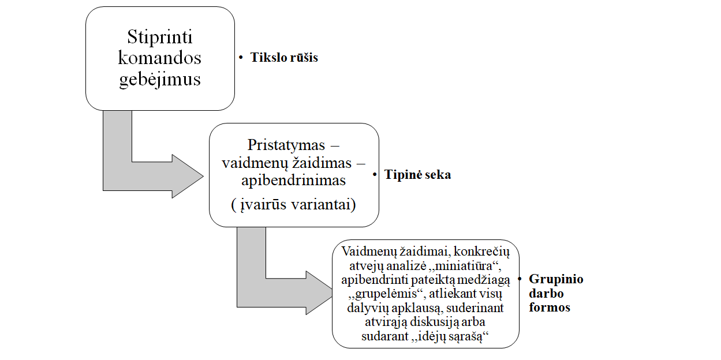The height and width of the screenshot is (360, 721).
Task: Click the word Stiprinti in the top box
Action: [160, 38]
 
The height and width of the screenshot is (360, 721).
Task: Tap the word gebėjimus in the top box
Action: [160, 78]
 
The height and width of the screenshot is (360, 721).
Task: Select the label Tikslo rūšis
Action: [284, 58]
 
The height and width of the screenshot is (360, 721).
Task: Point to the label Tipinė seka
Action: [418, 175]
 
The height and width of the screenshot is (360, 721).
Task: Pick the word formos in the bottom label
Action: [550, 307]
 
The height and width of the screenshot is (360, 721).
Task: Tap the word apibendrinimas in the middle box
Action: [294, 181]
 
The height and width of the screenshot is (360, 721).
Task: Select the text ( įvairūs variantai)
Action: [294, 205]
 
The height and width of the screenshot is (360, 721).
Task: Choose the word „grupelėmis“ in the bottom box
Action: [375, 294]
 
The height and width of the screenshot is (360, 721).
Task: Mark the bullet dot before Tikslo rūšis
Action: [241, 58]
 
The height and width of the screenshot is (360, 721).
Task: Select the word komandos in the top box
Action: [160, 58]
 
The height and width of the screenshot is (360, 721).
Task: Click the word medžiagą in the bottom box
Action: [482, 280]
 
